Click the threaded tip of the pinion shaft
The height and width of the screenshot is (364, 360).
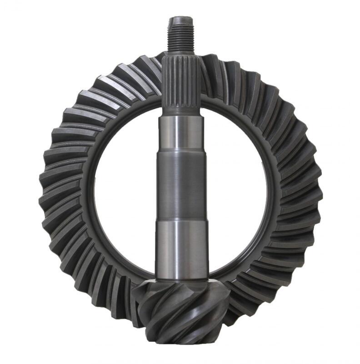tap(181, 35)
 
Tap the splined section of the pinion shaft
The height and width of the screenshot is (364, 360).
tap(181, 82)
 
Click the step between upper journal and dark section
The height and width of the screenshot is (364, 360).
tap(181, 152)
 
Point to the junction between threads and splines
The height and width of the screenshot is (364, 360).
tap(181, 51)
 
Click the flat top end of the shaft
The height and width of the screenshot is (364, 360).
tap(181, 19)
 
